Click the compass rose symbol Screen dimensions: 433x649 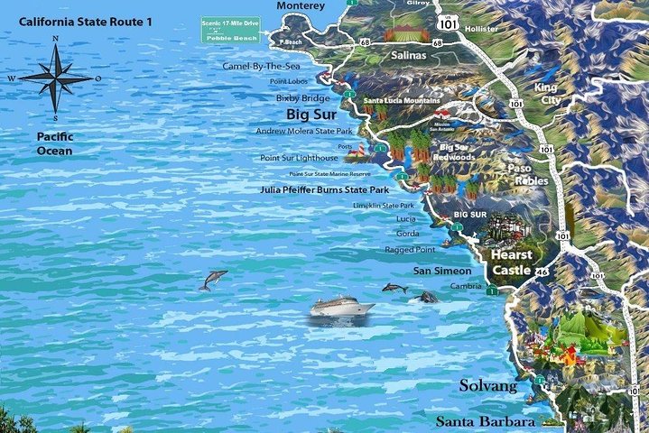(55, 78)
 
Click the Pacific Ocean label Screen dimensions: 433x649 (55, 143)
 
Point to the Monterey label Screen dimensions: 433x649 (301, 6)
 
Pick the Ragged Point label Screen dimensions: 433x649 (411, 249)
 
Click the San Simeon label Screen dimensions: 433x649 (441, 271)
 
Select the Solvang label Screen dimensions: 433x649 (487, 386)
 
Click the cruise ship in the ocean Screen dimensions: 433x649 (342, 308)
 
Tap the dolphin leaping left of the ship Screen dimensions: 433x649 (213, 280)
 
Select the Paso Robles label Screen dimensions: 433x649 (532, 173)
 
